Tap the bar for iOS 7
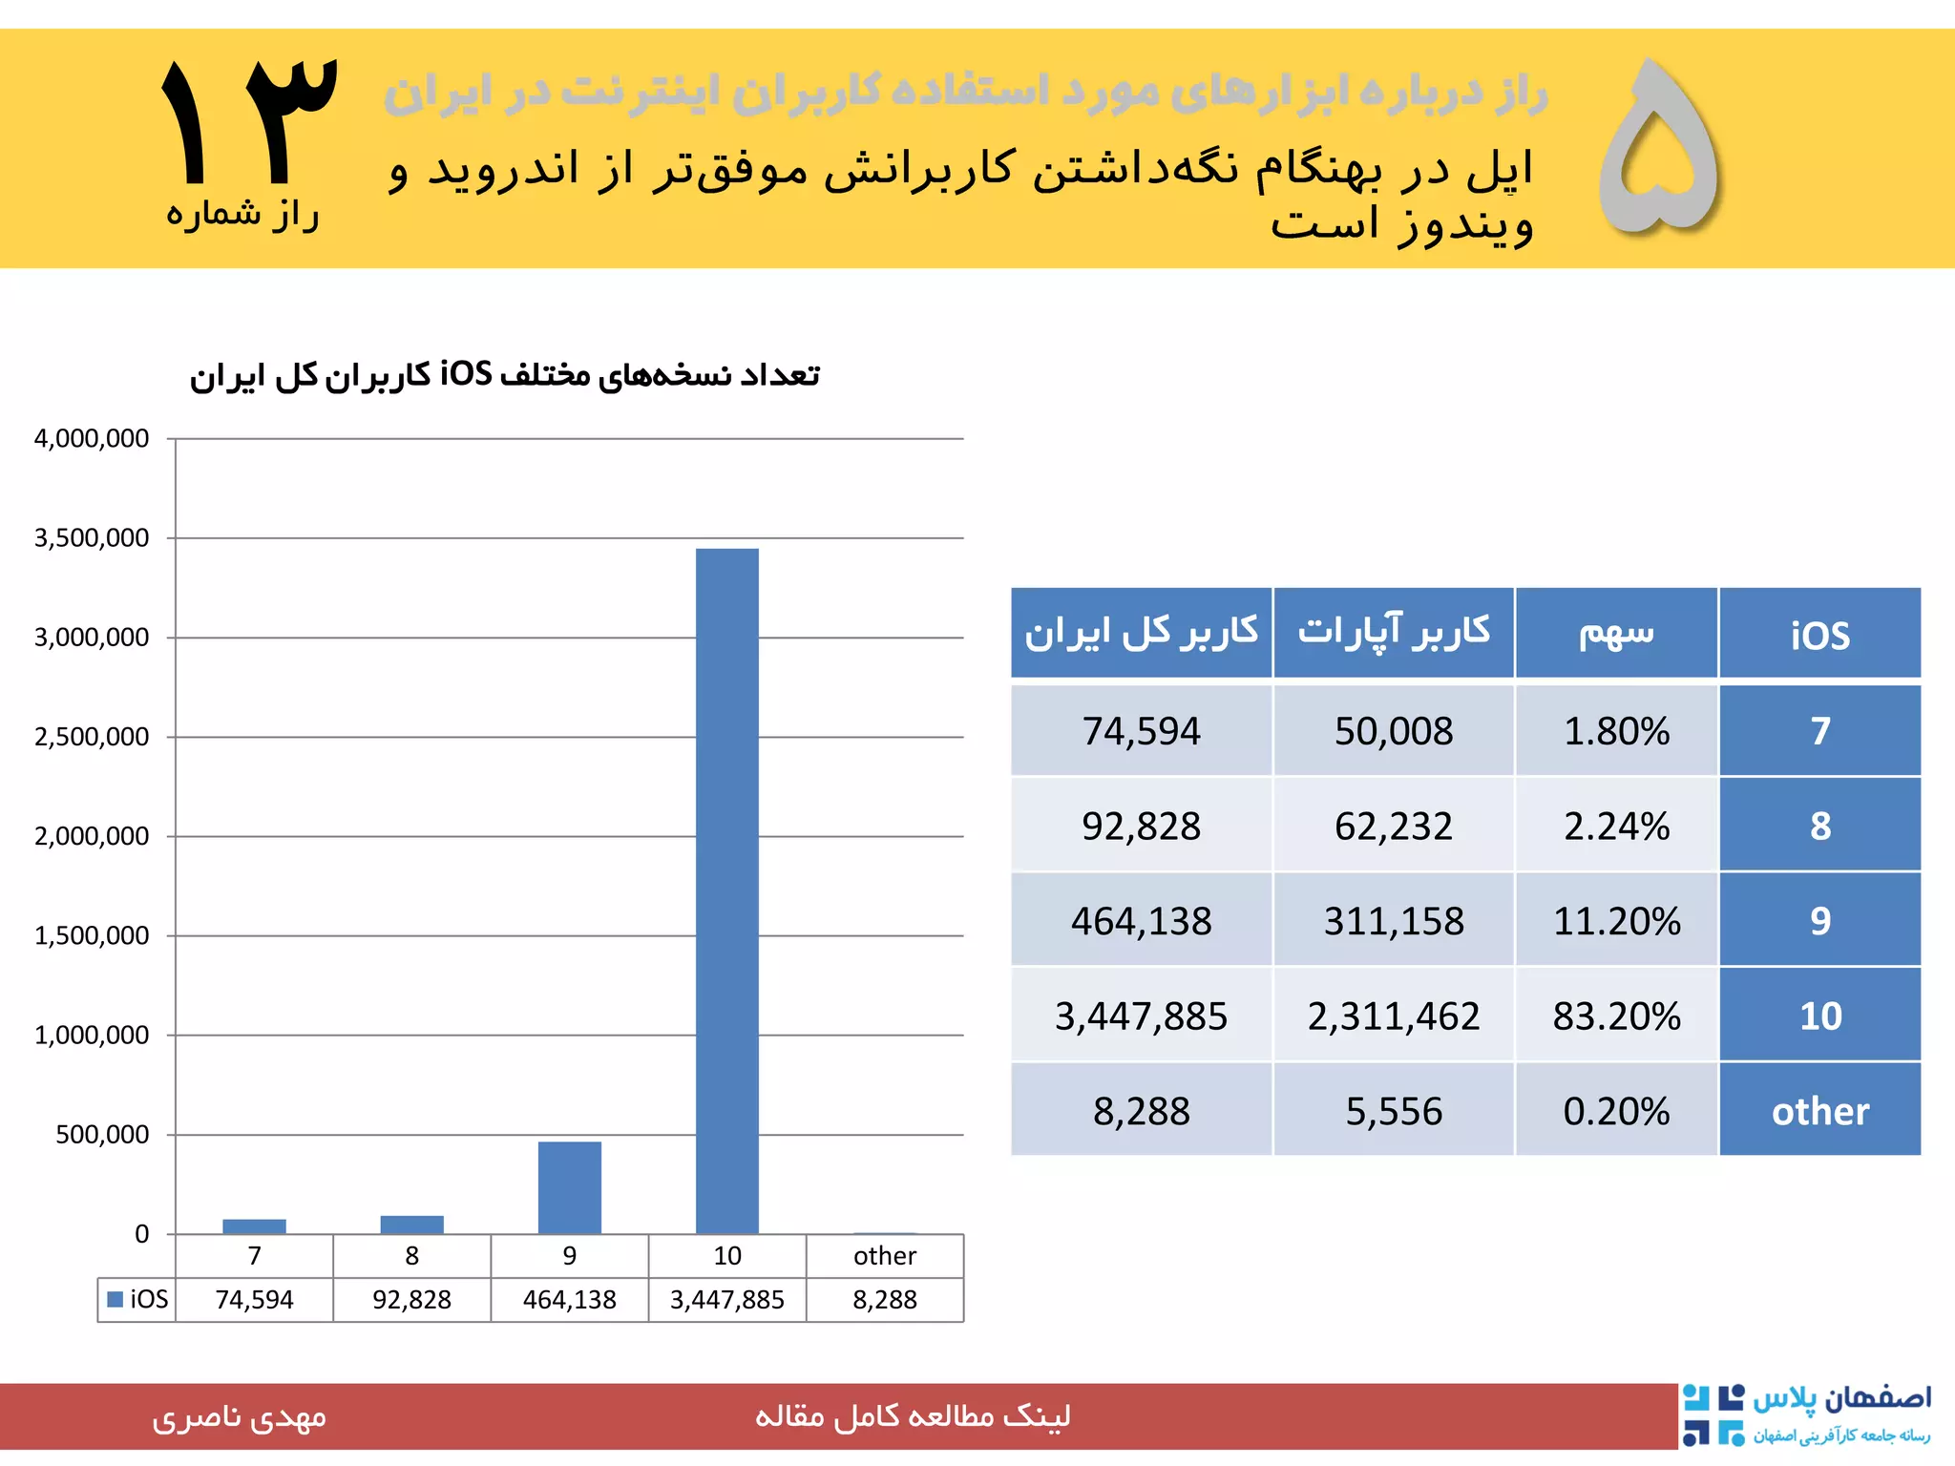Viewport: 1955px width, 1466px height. (x=254, y=1226)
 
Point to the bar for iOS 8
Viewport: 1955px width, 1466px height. (x=411, y=1225)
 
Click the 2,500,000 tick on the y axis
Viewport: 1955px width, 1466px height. (x=92, y=737)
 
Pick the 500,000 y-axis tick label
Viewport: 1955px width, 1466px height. (x=102, y=1135)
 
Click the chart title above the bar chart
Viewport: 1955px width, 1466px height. (x=504, y=375)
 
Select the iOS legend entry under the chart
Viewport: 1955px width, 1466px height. (x=138, y=1299)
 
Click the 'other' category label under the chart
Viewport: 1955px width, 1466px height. (x=884, y=1256)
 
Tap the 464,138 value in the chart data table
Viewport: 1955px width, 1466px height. (x=569, y=1299)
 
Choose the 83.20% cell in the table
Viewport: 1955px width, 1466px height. (x=1615, y=1016)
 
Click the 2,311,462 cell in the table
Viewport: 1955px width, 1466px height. (x=1393, y=1016)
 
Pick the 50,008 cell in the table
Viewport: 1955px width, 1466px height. (x=1393, y=731)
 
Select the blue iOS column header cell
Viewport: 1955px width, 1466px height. (x=1819, y=635)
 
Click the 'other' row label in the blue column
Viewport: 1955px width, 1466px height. (x=1819, y=1111)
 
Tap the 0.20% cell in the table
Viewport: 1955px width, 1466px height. (x=1615, y=1111)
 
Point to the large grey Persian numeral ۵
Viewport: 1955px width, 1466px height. (x=1659, y=148)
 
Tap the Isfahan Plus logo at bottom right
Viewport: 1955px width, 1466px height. (x=1806, y=1414)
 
